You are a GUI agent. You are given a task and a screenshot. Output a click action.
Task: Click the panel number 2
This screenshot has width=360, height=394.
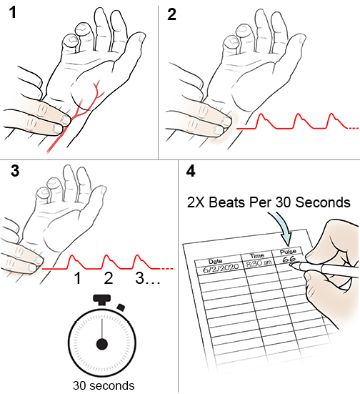pyautogui.click(x=171, y=15)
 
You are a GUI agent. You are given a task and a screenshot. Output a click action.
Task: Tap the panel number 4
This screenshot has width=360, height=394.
pyautogui.click(x=190, y=172)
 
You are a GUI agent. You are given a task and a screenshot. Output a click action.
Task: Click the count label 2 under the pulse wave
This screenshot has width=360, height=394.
pyautogui.click(x=109, y=277)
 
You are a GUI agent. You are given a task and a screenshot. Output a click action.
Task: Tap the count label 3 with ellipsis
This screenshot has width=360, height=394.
pyautogui.click(x=146, y=277)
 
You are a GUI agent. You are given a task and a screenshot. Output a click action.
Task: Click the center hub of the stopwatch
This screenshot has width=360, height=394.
pyautogui.click(x=102, y=344)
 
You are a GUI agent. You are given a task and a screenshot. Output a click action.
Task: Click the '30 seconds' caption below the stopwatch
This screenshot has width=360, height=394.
pyautogui.click(x=102, y=385)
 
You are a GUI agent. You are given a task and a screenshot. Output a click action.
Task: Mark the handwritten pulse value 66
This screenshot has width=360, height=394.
pyautogui.click(x=289, y=260)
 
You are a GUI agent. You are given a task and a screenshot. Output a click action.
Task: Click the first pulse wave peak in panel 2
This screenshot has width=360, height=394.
pyautogui.click(x=261, y=116)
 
